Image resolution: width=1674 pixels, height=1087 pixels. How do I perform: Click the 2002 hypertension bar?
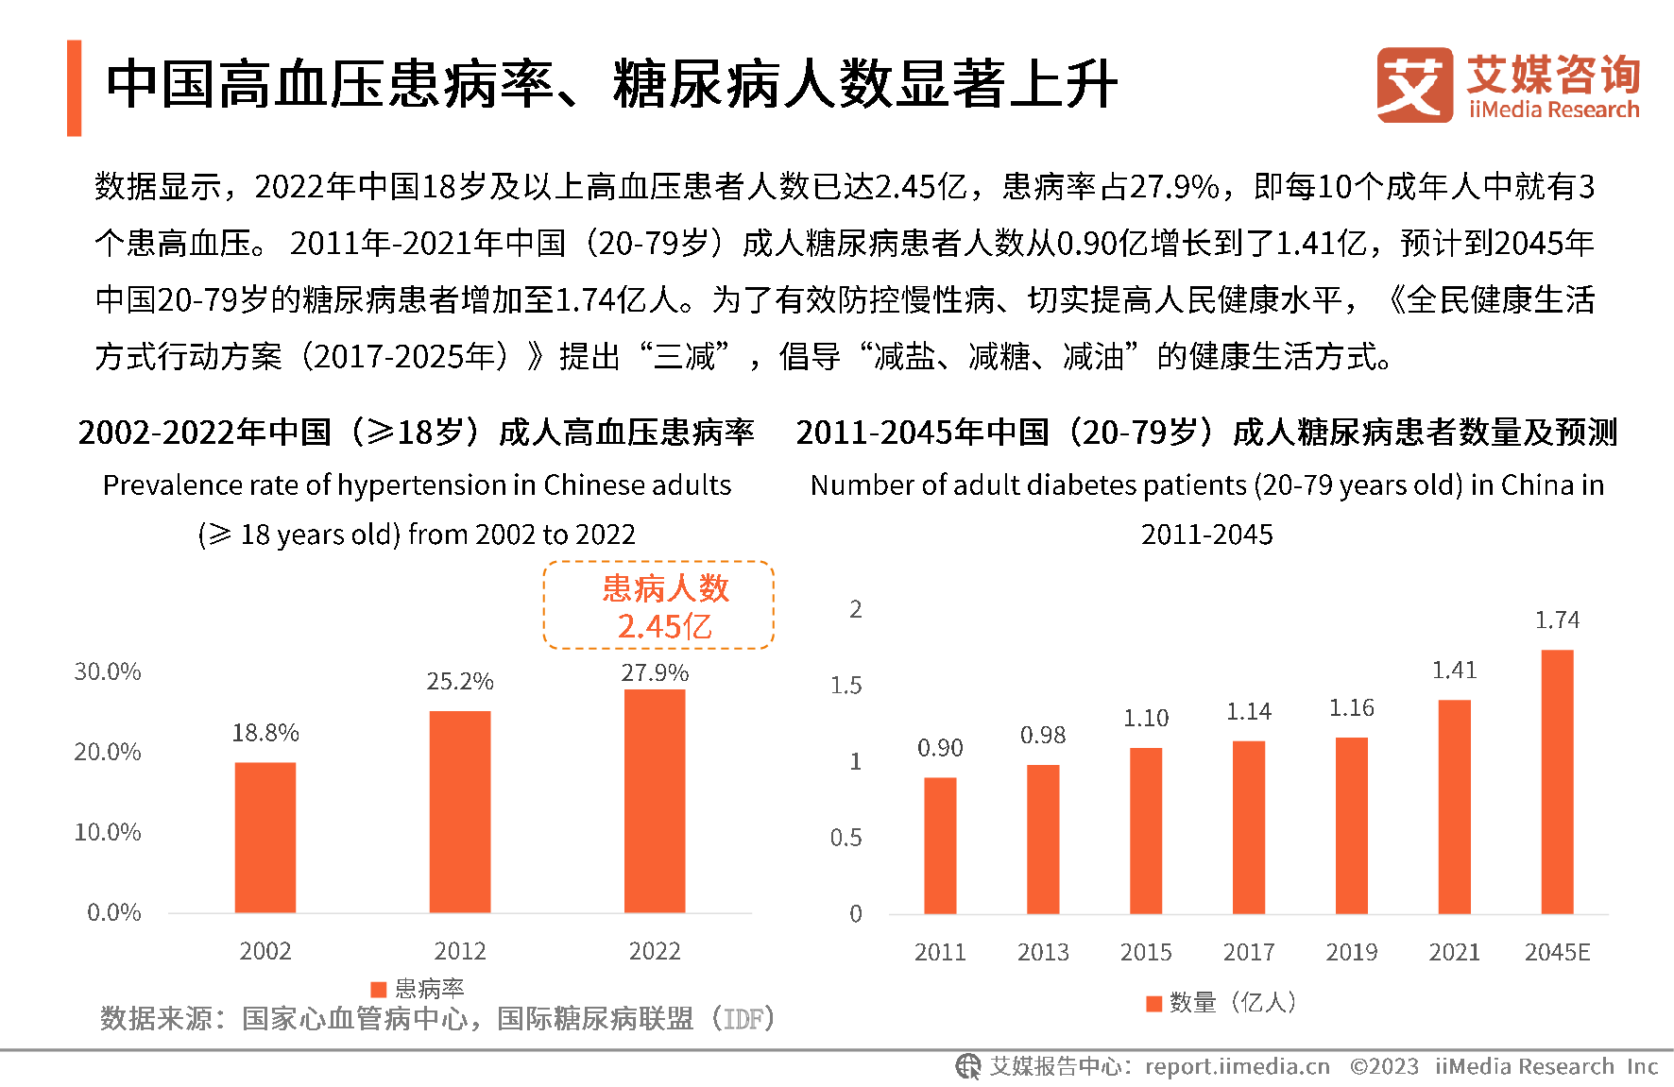(x=265, y=837)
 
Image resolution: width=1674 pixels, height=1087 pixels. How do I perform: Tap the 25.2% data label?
(x=460, y=682)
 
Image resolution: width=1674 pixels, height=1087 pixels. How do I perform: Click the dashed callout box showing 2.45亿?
(x=658, y=605)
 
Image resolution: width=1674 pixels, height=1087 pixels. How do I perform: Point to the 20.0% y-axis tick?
(x=108, y=752)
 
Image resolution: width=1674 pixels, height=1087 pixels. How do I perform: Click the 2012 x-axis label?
(x=460, y=951)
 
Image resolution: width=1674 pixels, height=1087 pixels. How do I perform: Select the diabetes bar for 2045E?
(x=1557, y=782)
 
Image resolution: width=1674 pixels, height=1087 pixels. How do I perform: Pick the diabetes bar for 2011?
(x=940, y=845)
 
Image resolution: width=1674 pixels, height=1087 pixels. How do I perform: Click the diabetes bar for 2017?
(x=1248, y=827)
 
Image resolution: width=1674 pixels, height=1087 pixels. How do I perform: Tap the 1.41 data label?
(x=1454, y=671)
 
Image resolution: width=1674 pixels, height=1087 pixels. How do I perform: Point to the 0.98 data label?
(x=1043, y=736)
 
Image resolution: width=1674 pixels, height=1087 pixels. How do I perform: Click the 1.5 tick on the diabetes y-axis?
(x=846, y=686)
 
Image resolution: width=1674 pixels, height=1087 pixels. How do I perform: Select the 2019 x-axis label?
(x=1351, y=952)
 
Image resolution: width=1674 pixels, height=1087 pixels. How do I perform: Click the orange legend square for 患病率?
(x=379, y=989)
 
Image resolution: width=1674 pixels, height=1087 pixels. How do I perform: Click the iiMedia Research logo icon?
(x=1414, y=85)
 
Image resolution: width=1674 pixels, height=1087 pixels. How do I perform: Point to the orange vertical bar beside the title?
(x=74, y=88)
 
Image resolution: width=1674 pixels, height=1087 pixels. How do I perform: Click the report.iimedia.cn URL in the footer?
(x=1237, y=1067)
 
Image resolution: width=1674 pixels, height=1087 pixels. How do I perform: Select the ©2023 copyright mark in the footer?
(x=1384, y=1067)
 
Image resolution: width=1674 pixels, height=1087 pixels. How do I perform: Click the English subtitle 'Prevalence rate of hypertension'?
(x=417, y=485)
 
